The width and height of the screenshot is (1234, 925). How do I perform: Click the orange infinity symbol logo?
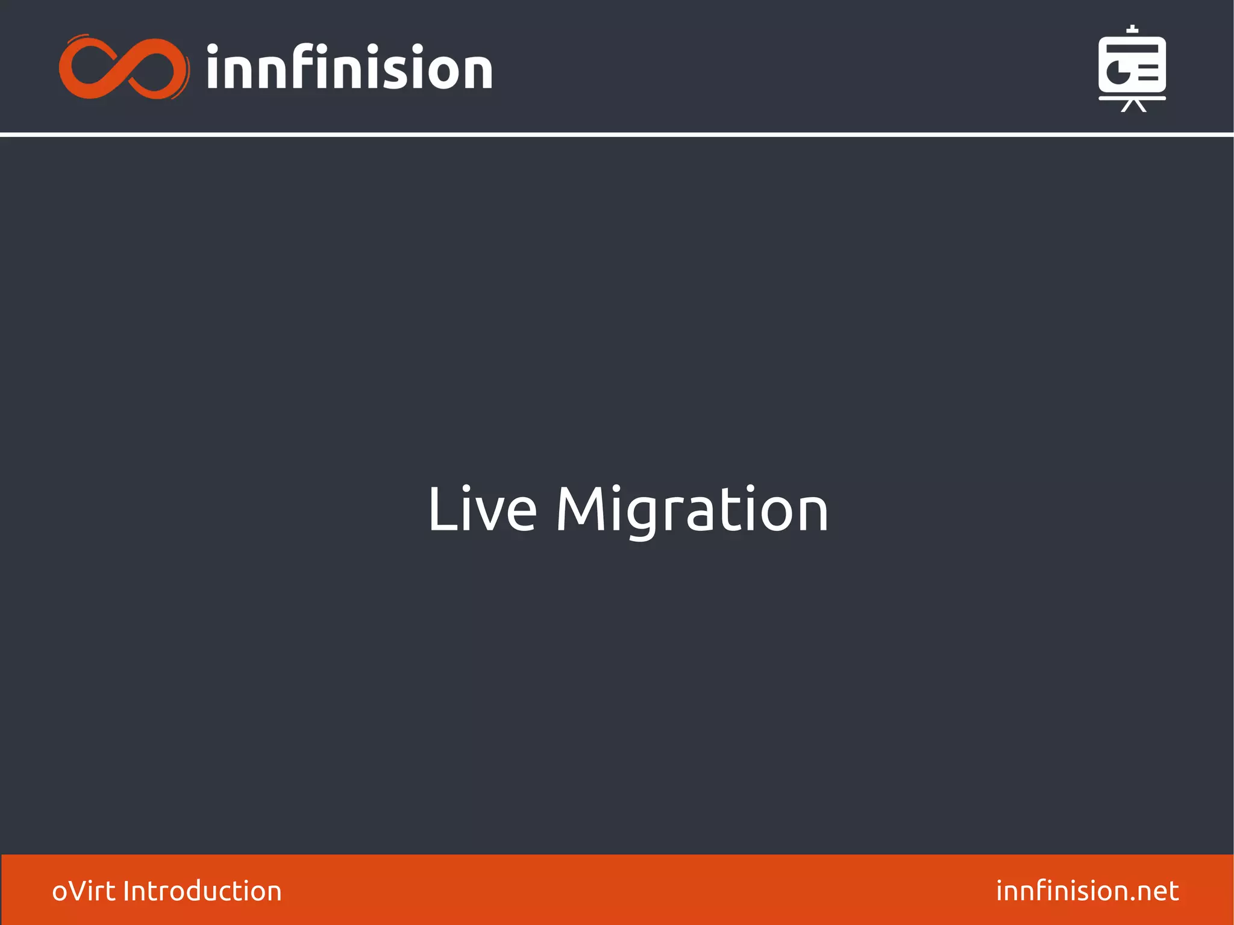tap(124, 67)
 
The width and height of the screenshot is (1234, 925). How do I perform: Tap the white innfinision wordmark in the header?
tap(349, 67)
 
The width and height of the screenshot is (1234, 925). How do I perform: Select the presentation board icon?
tap(1132, 68)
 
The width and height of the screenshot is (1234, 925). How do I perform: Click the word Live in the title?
tap(481, 510)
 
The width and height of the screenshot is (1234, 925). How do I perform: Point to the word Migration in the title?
tap(692, 510)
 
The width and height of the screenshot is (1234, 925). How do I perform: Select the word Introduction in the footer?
tap(202, 891)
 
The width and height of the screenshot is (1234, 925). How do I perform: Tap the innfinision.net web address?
tap(1087, 891)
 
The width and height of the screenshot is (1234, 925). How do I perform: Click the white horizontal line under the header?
tap(617, 134)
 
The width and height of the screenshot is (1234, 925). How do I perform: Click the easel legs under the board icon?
tap(1133, 106)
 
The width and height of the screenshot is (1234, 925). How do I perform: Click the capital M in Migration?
tap(581, 510)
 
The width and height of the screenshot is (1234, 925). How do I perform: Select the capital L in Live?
tap(440, 510)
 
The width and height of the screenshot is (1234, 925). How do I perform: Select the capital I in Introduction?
tap(126, 891)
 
